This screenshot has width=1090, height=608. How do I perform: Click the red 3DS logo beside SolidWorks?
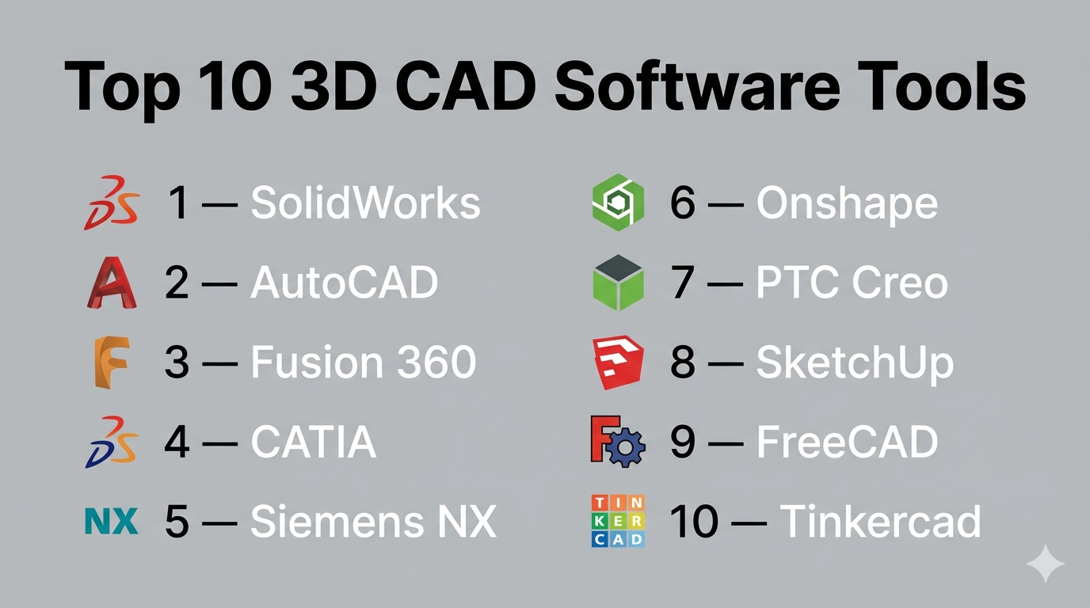(112, 203)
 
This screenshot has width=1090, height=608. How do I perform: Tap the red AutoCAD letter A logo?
(112, 283)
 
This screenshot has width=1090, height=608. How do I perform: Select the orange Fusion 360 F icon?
(112, 363)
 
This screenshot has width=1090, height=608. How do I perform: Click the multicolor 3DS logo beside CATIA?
(112, 442)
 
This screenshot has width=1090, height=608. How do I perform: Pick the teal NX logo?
(112, 522)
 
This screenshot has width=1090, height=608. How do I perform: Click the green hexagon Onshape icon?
(618, 203)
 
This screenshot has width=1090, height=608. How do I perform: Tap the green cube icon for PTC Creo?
(618, 283)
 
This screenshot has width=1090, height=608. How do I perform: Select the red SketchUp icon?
(618, 363)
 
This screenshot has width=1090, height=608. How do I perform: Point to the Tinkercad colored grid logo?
(618, 521)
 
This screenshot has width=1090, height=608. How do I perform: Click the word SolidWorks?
(365, 203)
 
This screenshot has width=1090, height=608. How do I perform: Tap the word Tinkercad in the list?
(880, 521)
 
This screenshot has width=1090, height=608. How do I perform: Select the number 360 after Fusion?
(436, 362)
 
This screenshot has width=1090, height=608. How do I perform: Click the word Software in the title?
(697, 88)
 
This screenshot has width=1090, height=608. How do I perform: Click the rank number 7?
(682, 283)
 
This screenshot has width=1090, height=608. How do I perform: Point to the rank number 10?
(693, 521)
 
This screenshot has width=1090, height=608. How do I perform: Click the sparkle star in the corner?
(1045, 564)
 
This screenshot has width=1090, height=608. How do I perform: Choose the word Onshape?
(847, 205)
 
